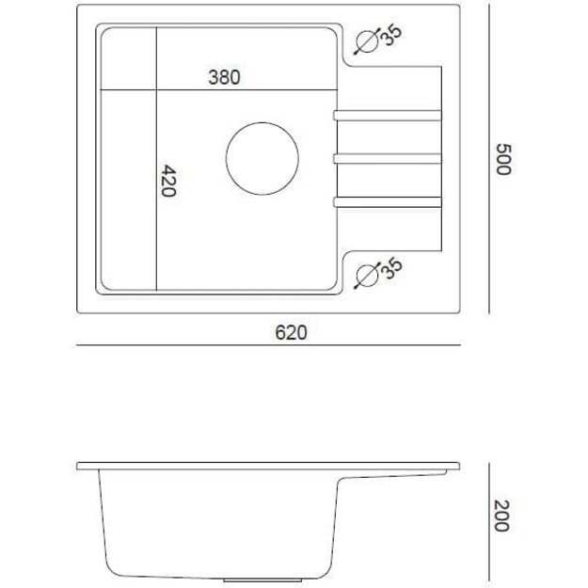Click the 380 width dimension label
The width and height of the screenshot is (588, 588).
pyautogui.click(x=224, y=77)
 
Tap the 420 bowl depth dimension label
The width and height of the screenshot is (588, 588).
pyautogui.click(x=168, y=181)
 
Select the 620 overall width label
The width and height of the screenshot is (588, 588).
pyautogui.click(x=291, y=333)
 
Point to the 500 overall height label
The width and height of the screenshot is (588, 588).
pyautogui.click(x=503, y=159)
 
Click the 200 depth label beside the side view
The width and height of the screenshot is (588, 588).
pyautogui.click(x=501, y=516)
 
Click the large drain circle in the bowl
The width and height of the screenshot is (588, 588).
pyautogui.click(x=262, y=122)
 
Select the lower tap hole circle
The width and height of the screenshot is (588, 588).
pyautogui.click(x=368, y=264)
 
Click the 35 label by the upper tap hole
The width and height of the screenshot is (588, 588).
pyautogui.click(x=391, y=35)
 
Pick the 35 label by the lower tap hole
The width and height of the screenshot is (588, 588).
pyautogui.click(x=392, y=268)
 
